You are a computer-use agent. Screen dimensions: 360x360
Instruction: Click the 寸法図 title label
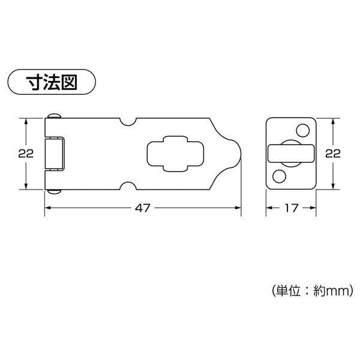[x=52, y=82]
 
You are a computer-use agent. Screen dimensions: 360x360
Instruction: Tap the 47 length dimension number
[x=143, y=208]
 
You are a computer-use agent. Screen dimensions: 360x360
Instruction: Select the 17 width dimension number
[x=292, y=208]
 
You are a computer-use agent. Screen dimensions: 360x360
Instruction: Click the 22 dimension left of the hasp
[x=26, y=154]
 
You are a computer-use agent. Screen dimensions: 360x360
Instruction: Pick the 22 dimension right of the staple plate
[x=333, y=154]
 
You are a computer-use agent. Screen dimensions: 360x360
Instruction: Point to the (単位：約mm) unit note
[x=313, y=291]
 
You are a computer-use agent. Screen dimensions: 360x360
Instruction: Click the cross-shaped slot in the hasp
[x=175, y=154]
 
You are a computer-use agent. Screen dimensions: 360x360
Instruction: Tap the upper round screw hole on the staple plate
[x=302, y=130]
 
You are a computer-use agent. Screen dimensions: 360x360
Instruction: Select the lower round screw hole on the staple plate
[x=279, y=176]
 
